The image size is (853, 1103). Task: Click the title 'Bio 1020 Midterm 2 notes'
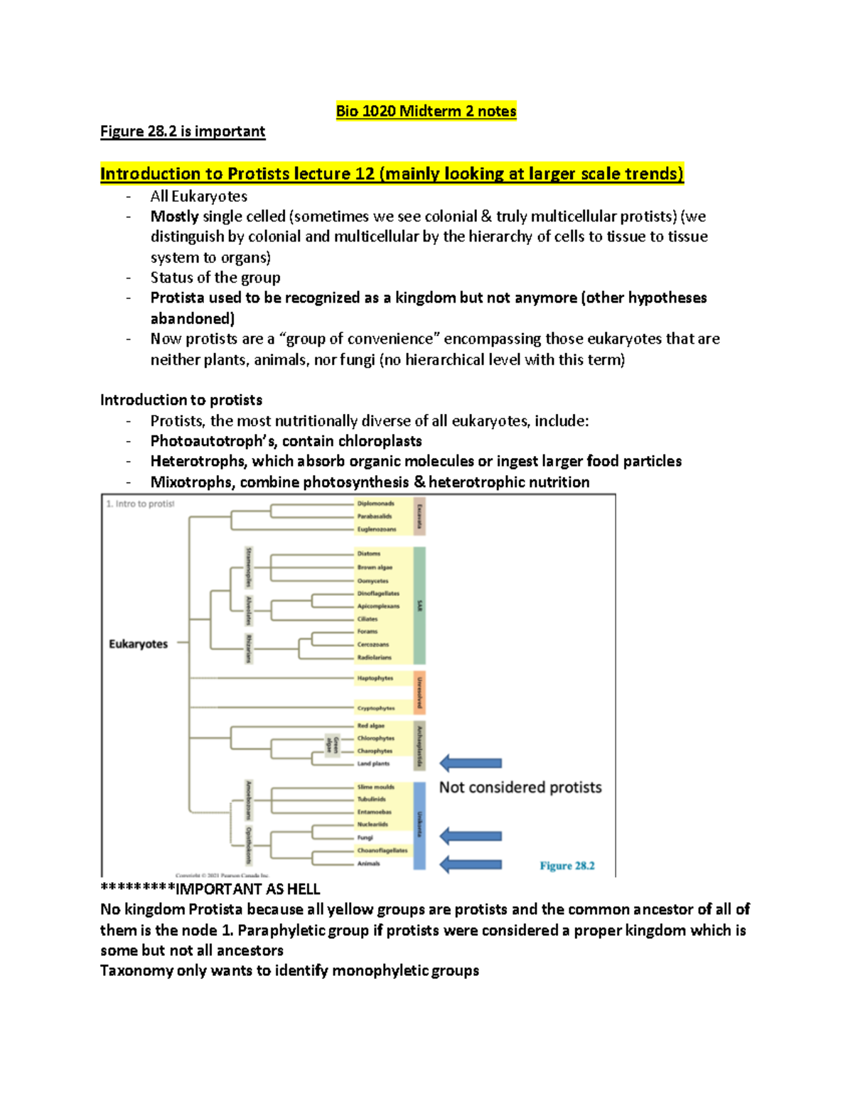426,112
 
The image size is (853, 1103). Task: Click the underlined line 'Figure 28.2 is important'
183,131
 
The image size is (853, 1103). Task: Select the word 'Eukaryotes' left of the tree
138,644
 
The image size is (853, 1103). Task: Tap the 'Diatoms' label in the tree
369,553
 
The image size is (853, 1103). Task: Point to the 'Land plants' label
373,764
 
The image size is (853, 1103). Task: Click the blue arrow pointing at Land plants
471,764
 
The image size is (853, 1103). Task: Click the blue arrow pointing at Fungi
471,837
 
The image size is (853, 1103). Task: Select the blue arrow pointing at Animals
471,864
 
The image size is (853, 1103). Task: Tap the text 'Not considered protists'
520,788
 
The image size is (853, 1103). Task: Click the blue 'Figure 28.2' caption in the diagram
567,866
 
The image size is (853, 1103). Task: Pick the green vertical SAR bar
419,605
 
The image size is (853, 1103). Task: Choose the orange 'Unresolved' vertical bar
419,692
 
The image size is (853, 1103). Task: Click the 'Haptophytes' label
375,678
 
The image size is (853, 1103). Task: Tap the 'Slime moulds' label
375,787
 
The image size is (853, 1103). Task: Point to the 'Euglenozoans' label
377,529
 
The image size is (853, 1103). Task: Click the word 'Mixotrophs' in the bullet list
191,482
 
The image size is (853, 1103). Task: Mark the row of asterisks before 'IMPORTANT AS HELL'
137,889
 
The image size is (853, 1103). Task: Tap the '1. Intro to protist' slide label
140,504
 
